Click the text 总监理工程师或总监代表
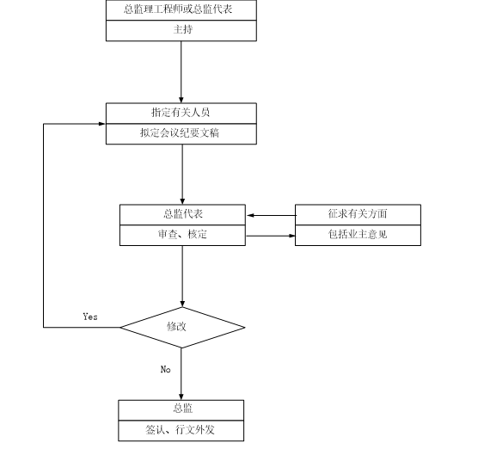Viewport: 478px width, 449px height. pyautogui.click(x=181, y=9)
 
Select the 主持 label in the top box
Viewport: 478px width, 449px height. pyautogui.click(x=181, y=30)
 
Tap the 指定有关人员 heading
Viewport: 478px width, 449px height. pyautogui.click(x=181, y=113)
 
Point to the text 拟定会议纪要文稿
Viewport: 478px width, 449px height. pyautogui.click(x=181, y=133)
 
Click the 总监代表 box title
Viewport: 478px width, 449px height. pyautogui.click(x=182, y=214)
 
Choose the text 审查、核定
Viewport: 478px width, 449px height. pyautogui.click(x=182, y=235)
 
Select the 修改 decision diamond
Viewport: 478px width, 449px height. pyautogui.click(x=182, y=327)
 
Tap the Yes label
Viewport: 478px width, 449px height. pyautogui.click(x=90, y=317)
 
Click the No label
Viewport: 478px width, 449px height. pyautogui.click(x=166, y=369)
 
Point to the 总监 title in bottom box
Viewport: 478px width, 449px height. pyautogui.click(x=181, y=409)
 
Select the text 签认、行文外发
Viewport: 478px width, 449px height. pyautogui.click(x=181, y=429)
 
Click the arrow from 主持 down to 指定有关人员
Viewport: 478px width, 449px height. pyautogui.click(x=181, y=72)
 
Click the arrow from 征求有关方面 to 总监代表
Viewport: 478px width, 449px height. pyautogui.click(x=271, y=215)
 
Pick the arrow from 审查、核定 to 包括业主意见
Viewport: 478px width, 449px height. pyautogui.click(x=271, y=235)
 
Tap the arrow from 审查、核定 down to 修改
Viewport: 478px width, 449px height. pyautogui.click(x=182, y=276)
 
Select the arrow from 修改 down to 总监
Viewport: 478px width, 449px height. pyautogui.click(x=182, y=373)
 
